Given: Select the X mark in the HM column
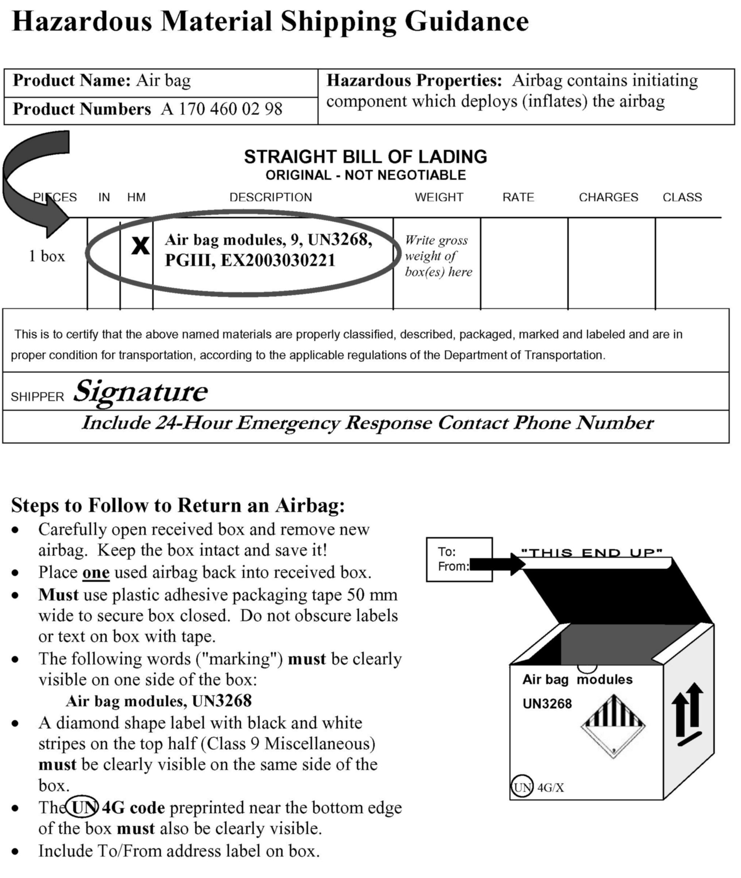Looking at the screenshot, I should pos(140,246).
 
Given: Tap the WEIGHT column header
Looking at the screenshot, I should pos(439,197).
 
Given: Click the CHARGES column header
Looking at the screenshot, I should pos(608,197).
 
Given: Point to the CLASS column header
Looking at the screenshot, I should pos(682,197).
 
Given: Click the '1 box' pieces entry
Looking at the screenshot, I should pos(47,257).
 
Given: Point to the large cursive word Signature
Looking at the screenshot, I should pos(140,391).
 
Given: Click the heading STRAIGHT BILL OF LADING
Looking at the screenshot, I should pos(366,157).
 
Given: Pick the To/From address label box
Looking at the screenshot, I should pos(459,560).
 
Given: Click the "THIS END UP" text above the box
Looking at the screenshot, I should pos(591,553).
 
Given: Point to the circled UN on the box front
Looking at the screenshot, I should pos(522,787).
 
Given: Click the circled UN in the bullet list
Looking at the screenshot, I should pos(83,807).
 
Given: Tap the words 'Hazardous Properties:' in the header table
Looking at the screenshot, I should pos(414,80).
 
